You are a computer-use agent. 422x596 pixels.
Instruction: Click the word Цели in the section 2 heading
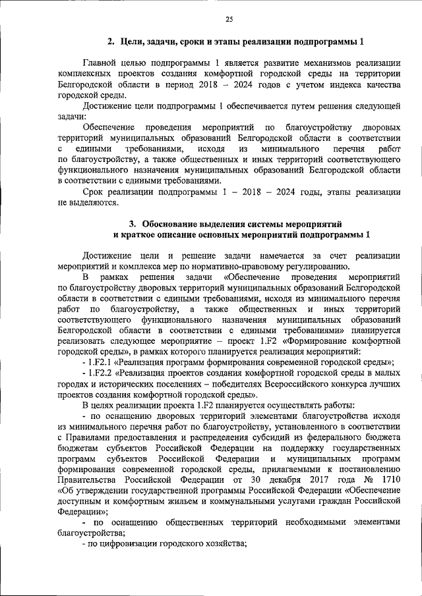pos(133,42)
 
